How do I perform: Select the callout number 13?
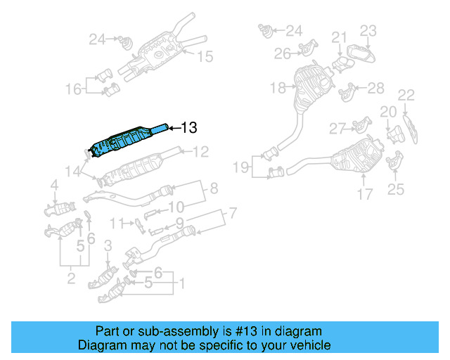pos(189,127)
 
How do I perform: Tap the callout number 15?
pos(204,56)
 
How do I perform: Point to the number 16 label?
pos(73,89)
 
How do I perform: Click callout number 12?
pos(201,151)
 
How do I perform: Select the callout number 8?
pos(214,188)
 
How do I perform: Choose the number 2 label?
pos(71,280)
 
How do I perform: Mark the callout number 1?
pos(182,285)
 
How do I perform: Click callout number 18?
pos(277,88)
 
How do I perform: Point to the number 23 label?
pos(369,30)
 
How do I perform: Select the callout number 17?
pos(364,194)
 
